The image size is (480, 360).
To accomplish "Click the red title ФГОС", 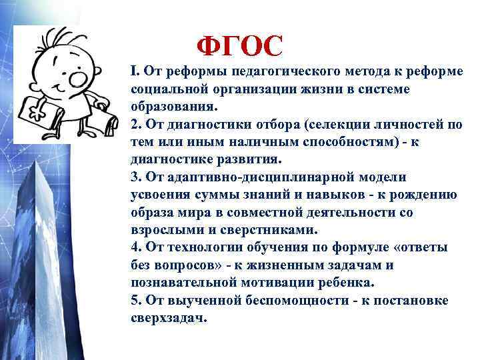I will [240, 46].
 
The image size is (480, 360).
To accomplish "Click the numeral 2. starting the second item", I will [136, 125].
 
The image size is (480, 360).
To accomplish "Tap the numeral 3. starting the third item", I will [136, 177].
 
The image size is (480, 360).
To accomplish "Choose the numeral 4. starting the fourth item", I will [136, 247].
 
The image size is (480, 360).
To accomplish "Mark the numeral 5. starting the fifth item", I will [136, 300].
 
